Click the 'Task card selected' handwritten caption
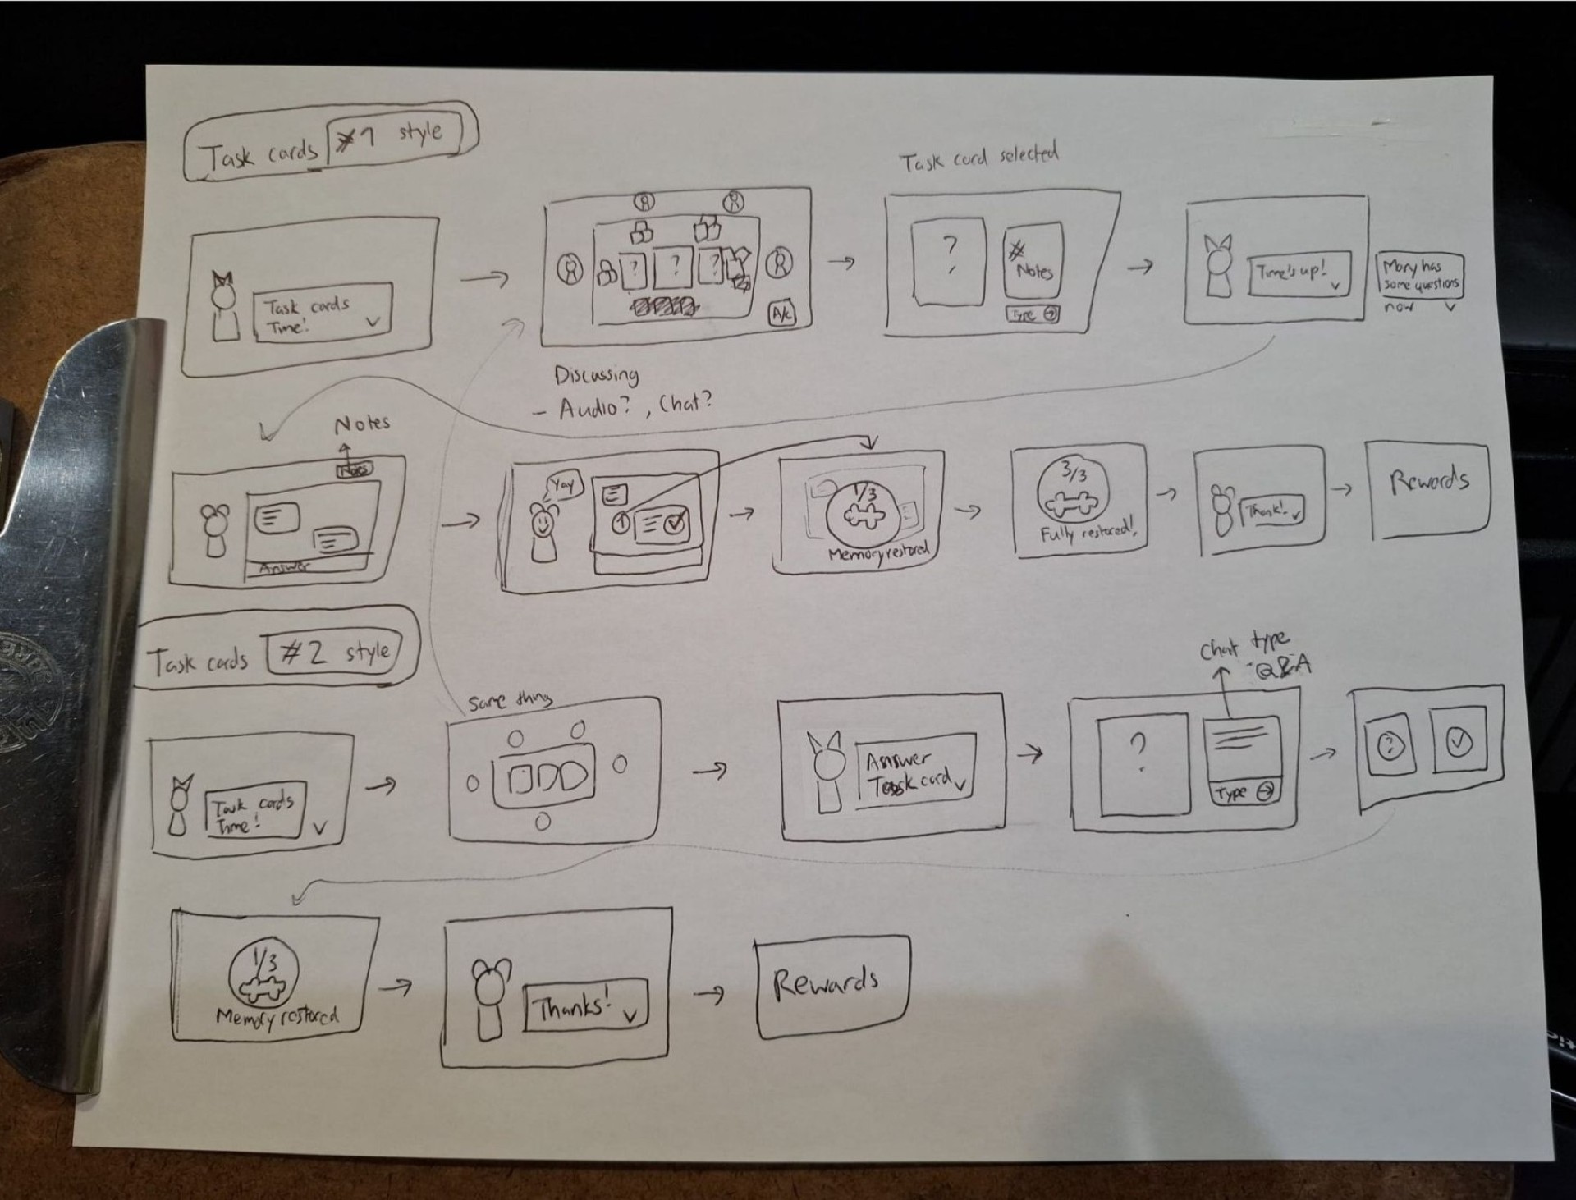(978, 158)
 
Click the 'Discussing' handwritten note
(596, 375)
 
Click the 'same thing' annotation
(510, 701)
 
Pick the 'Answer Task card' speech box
(914, 772)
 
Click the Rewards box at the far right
(1428, 489)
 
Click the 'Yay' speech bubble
(563, 485)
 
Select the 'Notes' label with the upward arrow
(361, 424)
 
